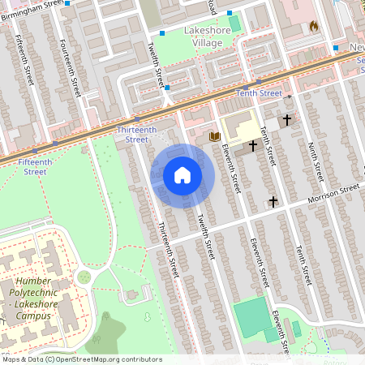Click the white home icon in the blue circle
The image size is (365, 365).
182,175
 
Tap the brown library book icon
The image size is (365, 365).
214,137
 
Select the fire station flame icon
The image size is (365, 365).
313,26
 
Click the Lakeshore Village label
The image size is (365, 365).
208,36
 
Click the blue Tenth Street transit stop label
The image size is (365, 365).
259,93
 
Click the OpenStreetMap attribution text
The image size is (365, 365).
82,359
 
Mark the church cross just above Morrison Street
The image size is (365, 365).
273,200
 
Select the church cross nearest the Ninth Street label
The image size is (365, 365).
286,120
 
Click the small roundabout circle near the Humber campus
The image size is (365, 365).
84,277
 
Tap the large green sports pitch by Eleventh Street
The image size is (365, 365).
251,314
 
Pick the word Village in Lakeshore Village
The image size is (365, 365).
208,43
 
